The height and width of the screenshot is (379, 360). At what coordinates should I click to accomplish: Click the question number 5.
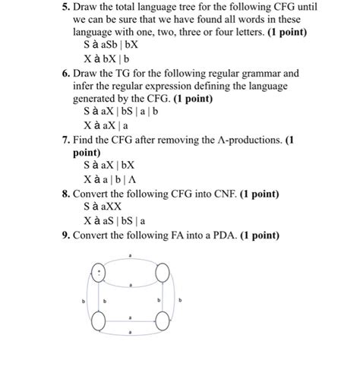(65, 8)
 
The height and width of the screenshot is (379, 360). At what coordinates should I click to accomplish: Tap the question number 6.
(65, 74)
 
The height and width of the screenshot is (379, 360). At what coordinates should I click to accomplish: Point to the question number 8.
(65, 194)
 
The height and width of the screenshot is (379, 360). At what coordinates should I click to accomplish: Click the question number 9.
(65, 236)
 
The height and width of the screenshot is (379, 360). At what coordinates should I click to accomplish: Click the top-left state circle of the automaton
(98, 273)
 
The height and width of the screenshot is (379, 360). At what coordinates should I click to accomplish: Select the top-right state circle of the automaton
(162, 273)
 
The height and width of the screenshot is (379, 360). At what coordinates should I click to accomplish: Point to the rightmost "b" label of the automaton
(180, 301)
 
